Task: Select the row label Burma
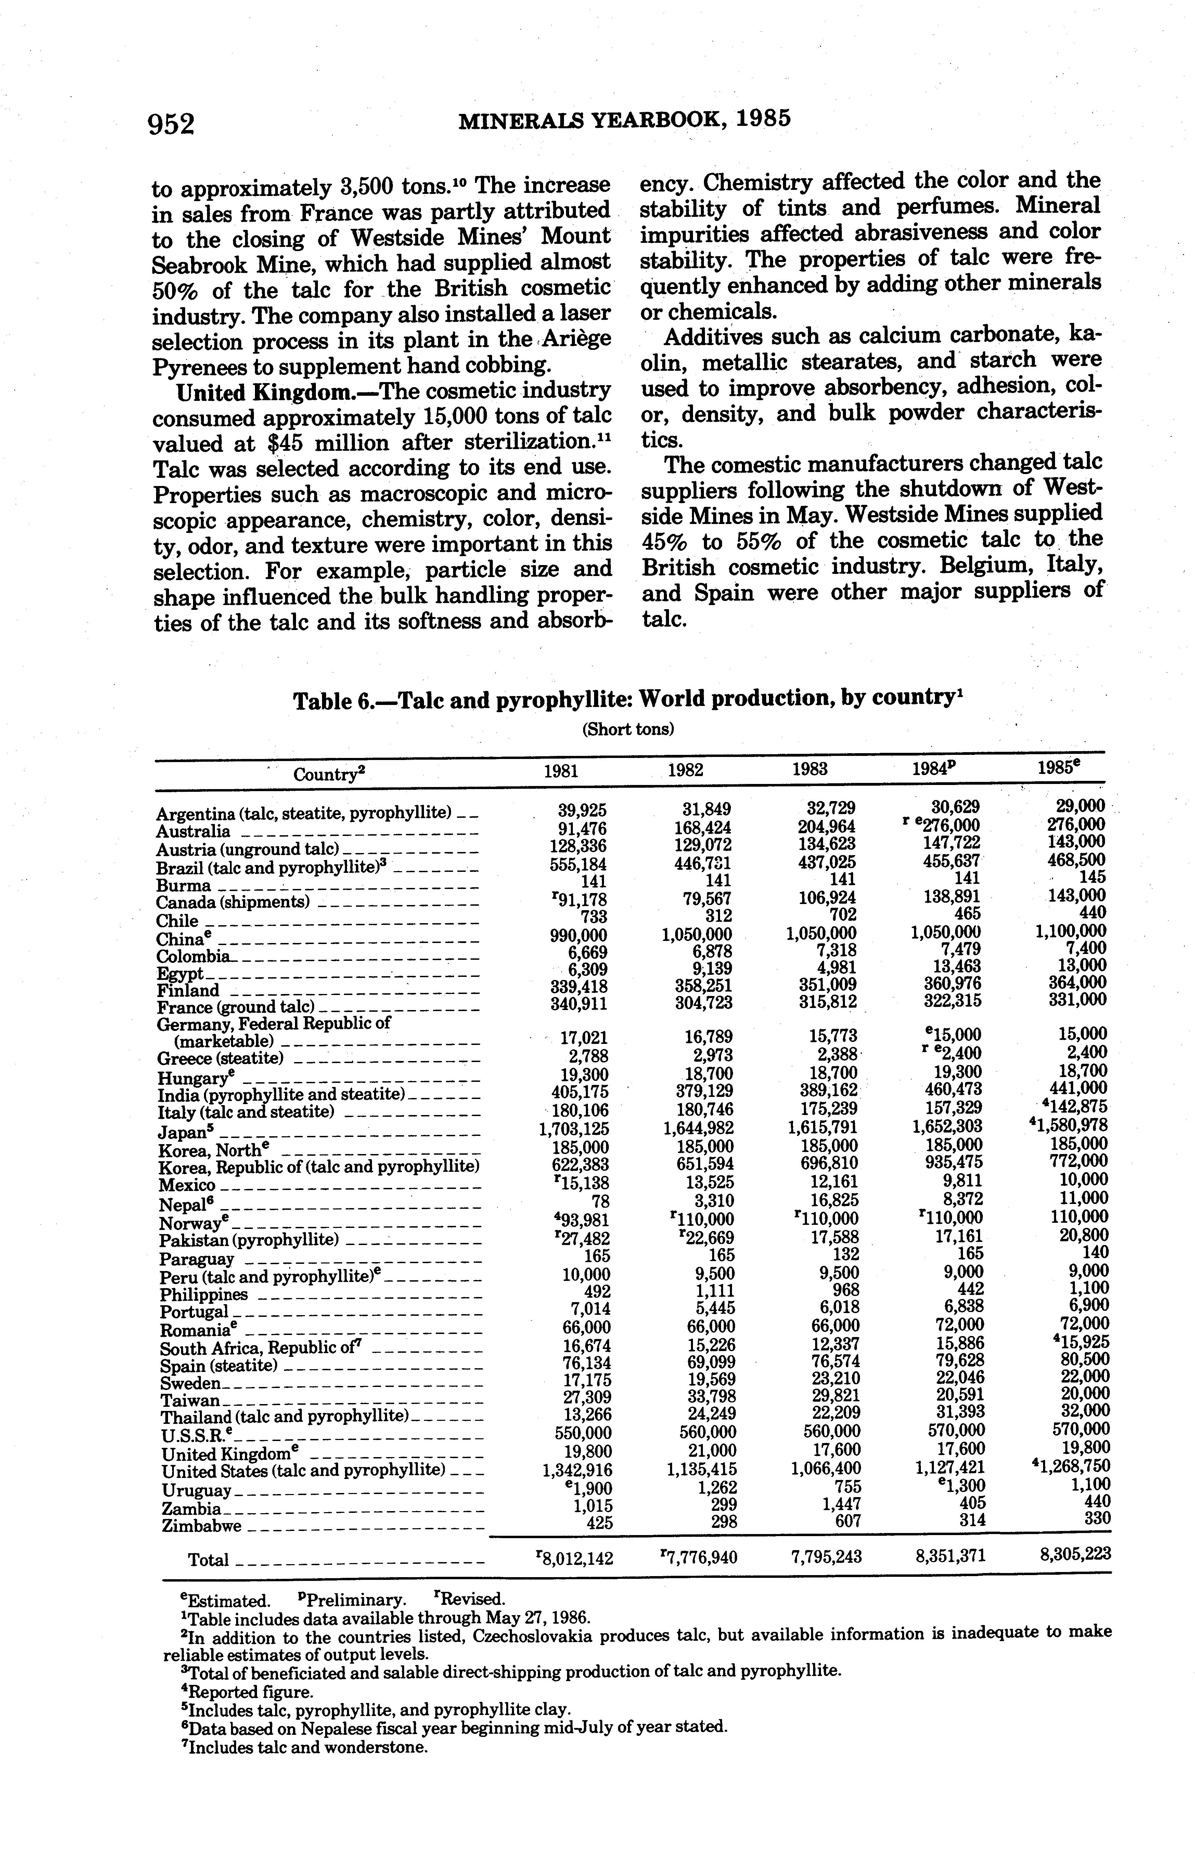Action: [184, 885]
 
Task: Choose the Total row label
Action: [208, 1559]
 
